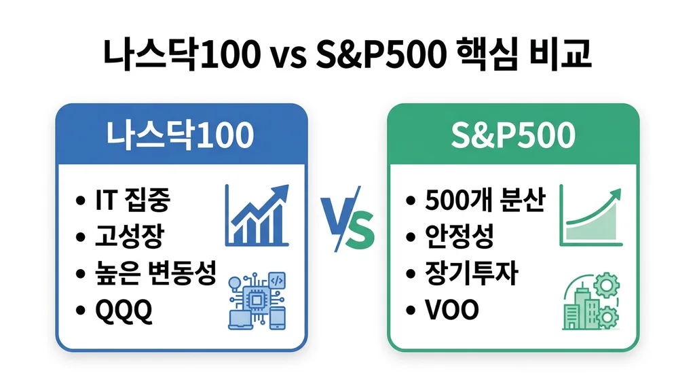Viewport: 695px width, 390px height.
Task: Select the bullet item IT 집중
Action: pos(132,200)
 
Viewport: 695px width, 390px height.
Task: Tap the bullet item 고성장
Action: pos(129,236)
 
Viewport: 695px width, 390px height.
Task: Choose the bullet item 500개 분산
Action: pos(484,200)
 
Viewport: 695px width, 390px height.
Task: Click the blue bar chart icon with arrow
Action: pos(257,216)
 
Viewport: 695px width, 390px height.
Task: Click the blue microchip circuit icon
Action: pos(257,301)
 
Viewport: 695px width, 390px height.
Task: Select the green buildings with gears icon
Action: pos(589,304)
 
